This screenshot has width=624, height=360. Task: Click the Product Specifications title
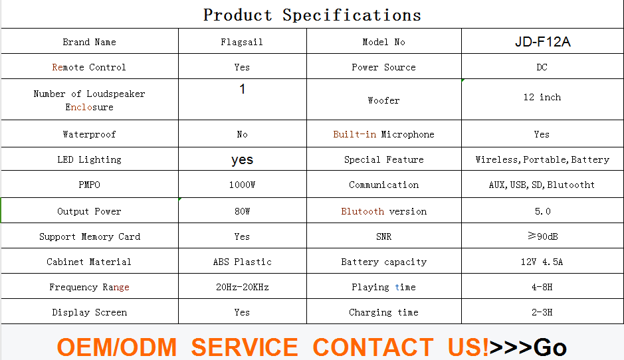tap(312, 15)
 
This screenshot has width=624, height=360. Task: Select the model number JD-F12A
tap(542, 42)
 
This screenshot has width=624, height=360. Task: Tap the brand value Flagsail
tap(242, 42)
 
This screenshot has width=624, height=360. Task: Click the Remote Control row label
tap(89, 67)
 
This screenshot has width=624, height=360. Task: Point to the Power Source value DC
tap(542, 67)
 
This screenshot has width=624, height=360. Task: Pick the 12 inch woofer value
tap(542, 98)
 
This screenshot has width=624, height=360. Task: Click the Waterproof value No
tap(242, 134)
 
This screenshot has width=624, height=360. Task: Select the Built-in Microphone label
tap(383, 134)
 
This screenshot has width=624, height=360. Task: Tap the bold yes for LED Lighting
tap(242, 160)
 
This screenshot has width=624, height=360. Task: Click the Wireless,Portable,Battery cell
tap(542, 160)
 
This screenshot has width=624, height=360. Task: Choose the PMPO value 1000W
tap(242, 185)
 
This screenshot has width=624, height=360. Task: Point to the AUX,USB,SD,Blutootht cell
tap(542, 185)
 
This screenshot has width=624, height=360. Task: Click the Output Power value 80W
tap(242, 212)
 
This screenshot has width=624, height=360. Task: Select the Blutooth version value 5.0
tap(542, 212)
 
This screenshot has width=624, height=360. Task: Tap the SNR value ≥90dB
tap(543, 236)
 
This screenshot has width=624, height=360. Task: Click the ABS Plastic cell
tap(243, 262)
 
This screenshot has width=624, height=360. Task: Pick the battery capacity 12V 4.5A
tap(542, 262)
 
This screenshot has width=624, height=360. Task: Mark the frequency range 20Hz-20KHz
tap(243, 287)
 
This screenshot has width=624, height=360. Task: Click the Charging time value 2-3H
tap(542, 312)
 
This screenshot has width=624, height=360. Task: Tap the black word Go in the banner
tap(550, 347)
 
